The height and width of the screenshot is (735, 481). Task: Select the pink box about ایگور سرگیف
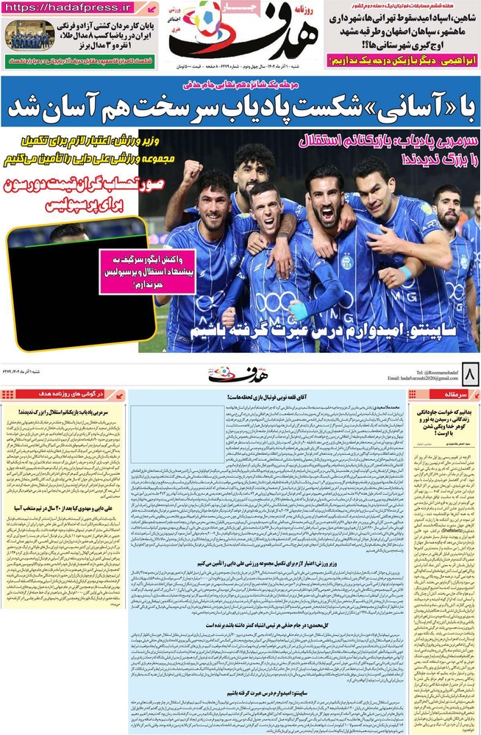point(138,271)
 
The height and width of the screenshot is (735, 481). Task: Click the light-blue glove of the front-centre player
point(299,309)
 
